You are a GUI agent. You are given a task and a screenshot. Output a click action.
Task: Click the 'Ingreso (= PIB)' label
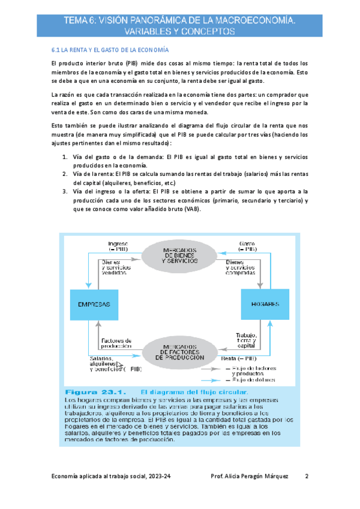(116, 245)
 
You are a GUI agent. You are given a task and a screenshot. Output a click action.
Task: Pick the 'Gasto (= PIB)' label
(247, 245)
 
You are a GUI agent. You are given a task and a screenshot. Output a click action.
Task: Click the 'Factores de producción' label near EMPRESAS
(116, 343)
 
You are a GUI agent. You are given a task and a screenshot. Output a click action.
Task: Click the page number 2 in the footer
(306, 477)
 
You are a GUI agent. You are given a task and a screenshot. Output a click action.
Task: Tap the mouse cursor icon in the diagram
(119, 364)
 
